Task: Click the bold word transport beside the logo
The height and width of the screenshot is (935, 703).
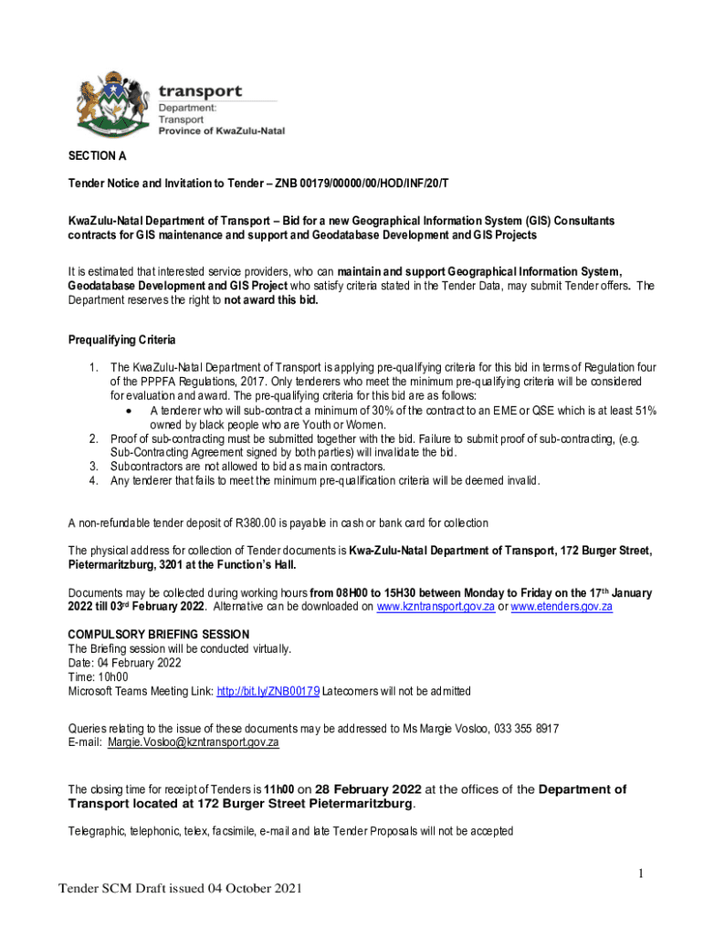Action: click(201, 91)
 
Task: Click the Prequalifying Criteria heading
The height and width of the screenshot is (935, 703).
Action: click(121, 341)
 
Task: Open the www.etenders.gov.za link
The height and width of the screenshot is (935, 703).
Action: click(561, 605)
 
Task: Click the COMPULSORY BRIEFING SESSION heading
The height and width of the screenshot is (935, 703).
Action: click(158, 635)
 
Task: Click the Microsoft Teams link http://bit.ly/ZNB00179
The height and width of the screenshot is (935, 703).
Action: click(268, 691)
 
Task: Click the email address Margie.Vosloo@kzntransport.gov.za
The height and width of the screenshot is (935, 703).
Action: click(193, 742)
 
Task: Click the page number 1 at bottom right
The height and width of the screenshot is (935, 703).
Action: click(643, 874)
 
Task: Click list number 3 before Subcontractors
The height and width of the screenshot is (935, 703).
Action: click(93, 467)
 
